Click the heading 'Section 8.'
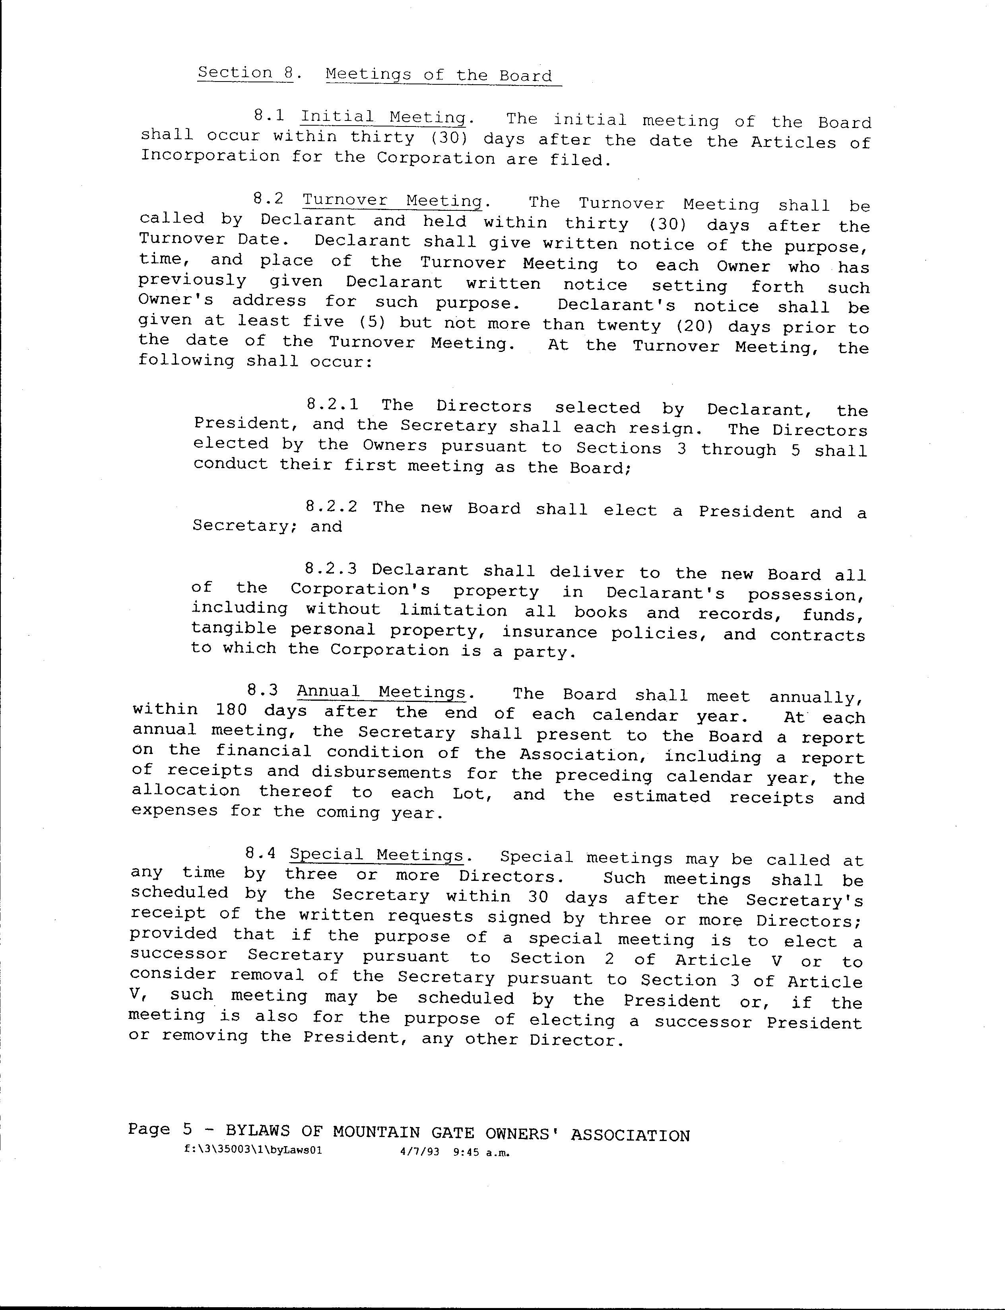[245, 73]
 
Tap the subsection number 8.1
[269, 115]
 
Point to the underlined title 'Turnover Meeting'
[392, 200]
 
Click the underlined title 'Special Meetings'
[376, 855]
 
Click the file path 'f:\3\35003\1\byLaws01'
[254, 1150]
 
